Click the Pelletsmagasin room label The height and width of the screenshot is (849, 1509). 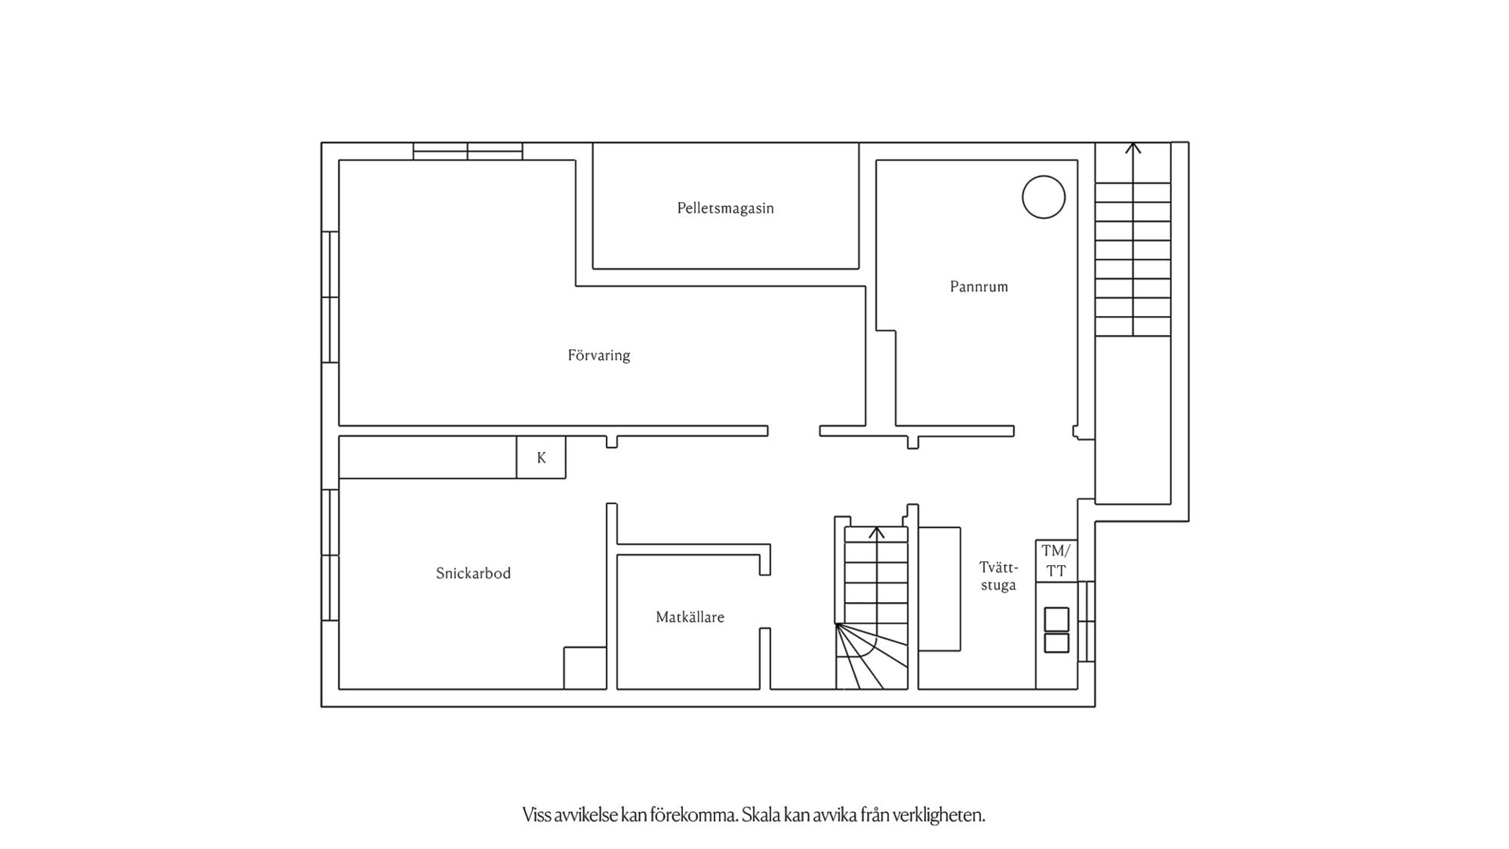(x=725, y=208)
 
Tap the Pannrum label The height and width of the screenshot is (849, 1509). (x=978, y=286)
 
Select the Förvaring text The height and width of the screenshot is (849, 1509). (x=599, y=355)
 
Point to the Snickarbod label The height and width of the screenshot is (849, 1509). (x=473, y=573)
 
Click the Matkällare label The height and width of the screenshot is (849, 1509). (x=690, y=617)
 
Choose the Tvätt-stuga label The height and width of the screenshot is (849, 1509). (x=998, y=576)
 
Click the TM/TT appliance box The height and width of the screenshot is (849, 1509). (x=1056, y=561)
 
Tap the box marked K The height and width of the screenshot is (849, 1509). (x=541, y=458)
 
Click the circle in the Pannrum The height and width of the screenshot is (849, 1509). (x=1044, y=197)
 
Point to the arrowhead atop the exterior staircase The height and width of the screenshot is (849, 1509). (x=1133, y=147)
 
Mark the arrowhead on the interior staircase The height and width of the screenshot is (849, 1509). (x=877, y=532)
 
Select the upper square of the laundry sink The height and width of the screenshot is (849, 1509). (x=1056, y=619)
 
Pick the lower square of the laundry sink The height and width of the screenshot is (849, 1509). (x=1056, y=643)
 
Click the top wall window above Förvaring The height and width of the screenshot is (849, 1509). (x=468, y=151)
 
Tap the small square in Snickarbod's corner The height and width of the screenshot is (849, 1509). (x=585, y=668)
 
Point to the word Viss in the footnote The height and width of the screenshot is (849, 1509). (x=537, y=815)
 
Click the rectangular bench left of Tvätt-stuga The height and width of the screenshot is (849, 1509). (x=939, y=589)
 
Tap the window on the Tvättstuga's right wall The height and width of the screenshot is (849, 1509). (x=1086, y=621)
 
